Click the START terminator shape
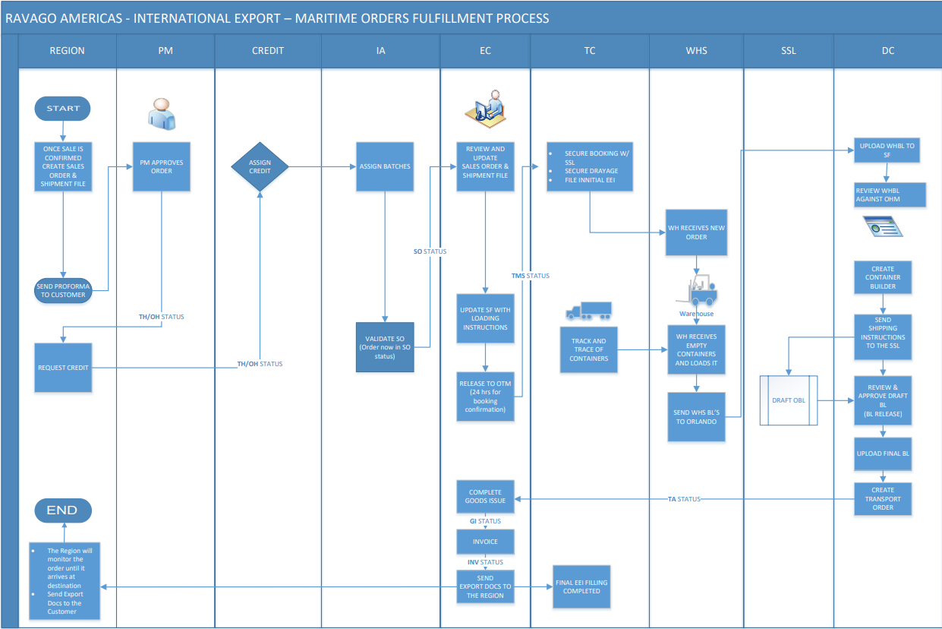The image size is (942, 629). [62, 109]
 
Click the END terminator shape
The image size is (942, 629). [62, 510]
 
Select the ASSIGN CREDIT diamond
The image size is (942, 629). [260, 166]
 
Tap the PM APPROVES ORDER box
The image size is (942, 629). [162, 166]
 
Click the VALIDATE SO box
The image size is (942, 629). [385, 347]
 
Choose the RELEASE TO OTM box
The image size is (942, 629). [485, 397]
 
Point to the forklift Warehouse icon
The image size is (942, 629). [697, 292]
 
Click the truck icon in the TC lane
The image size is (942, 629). [588, 311]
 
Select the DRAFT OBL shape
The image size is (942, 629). [789, 400]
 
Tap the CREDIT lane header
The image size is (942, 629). [268, 51]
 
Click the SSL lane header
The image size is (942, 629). [789, 51]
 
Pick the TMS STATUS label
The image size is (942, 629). [530, 276]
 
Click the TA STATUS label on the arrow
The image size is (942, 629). [683, 499]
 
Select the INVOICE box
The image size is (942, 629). [485, 542]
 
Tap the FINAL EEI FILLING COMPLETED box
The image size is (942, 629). [581, 586]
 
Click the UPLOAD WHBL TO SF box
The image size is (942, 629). [887, 150]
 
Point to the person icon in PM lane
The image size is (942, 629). [162, 114]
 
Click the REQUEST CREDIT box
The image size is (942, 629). [63, 368]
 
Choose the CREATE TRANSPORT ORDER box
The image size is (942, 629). [882, 498]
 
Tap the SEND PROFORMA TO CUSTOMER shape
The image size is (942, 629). [63, 290]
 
